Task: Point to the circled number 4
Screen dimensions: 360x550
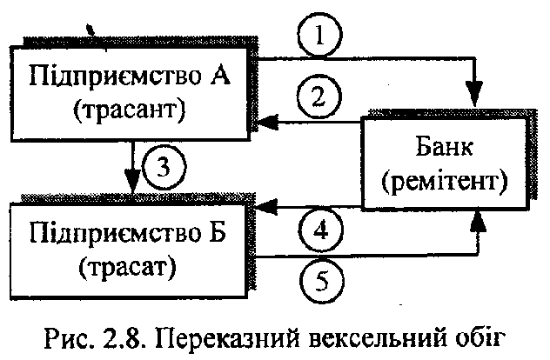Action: pos(319,231)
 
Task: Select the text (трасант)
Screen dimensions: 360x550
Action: pos(132,110)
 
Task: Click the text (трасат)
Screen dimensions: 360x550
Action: pos(132,263)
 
